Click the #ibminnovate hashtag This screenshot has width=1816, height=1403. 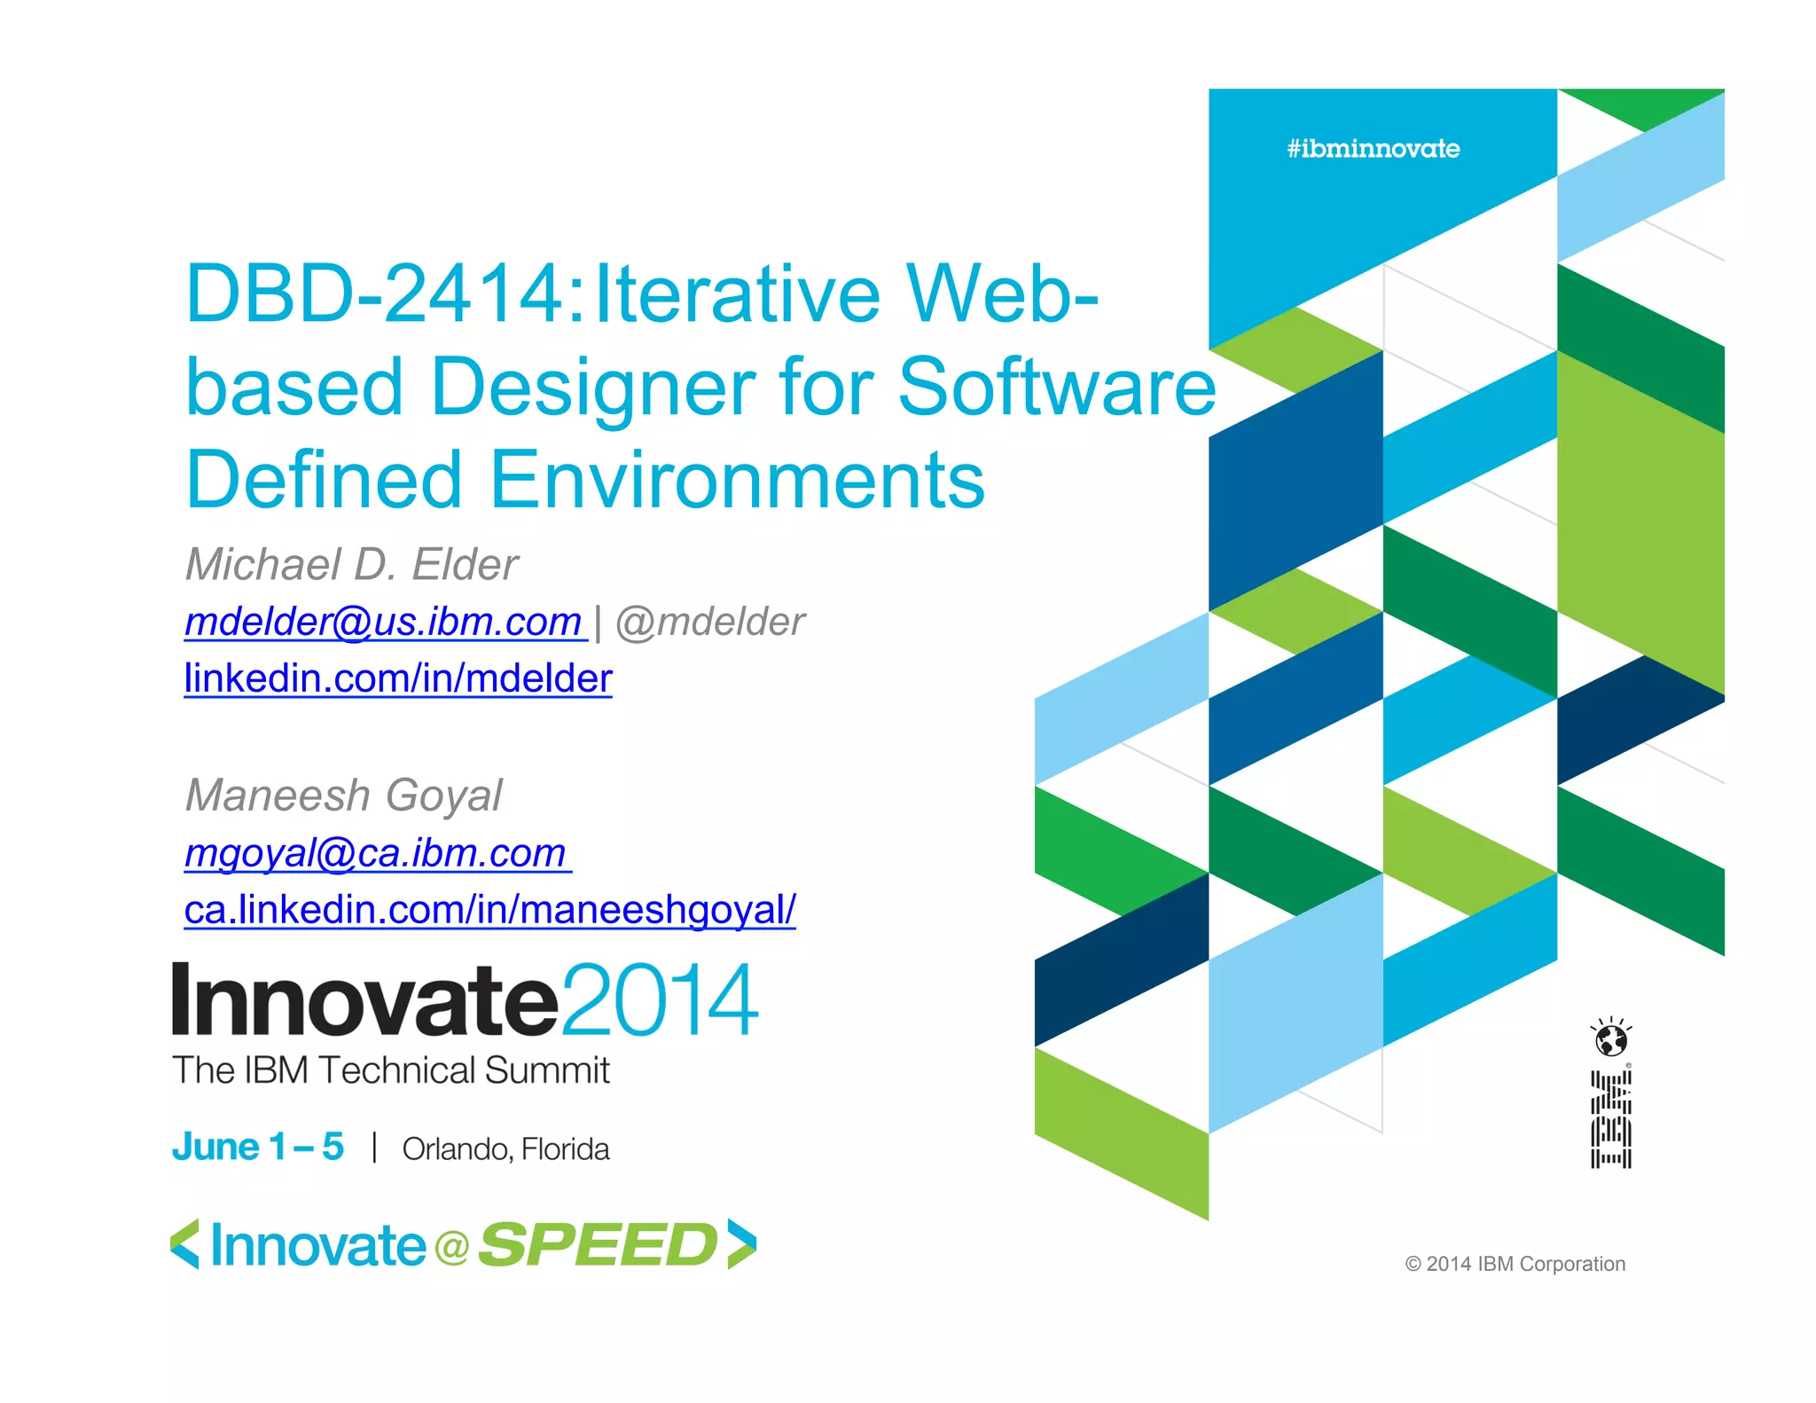(x=1373, y=149)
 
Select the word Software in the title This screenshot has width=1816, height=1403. (x=1057, y=388)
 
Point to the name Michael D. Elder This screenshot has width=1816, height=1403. (x=351, y=565)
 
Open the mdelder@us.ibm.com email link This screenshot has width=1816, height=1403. (x=384, y=622)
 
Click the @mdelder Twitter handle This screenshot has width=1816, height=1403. (x=709, y=622)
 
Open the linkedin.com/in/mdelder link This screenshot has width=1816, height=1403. (x=397, y=678)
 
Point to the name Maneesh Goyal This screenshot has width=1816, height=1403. (x=344, y=795)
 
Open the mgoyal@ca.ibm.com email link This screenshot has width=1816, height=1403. (x=376, y=853)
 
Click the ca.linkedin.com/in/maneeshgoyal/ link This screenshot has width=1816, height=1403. (x=489, y=910)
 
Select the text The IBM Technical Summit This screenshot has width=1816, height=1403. (x=390, y=1070)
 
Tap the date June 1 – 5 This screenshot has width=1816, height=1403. (x=257, y=1147)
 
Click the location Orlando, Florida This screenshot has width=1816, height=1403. (x=505, y=1149)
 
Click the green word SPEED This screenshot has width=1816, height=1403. (x=598, y=1245)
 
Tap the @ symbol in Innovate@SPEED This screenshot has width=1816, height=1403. (x=451, y=1248)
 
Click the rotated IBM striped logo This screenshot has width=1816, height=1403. (x=1610, y=1119)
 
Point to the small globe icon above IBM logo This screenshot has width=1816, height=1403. (x=1610, y=1039)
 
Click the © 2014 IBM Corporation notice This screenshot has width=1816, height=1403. (x=1515, y=1264)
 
